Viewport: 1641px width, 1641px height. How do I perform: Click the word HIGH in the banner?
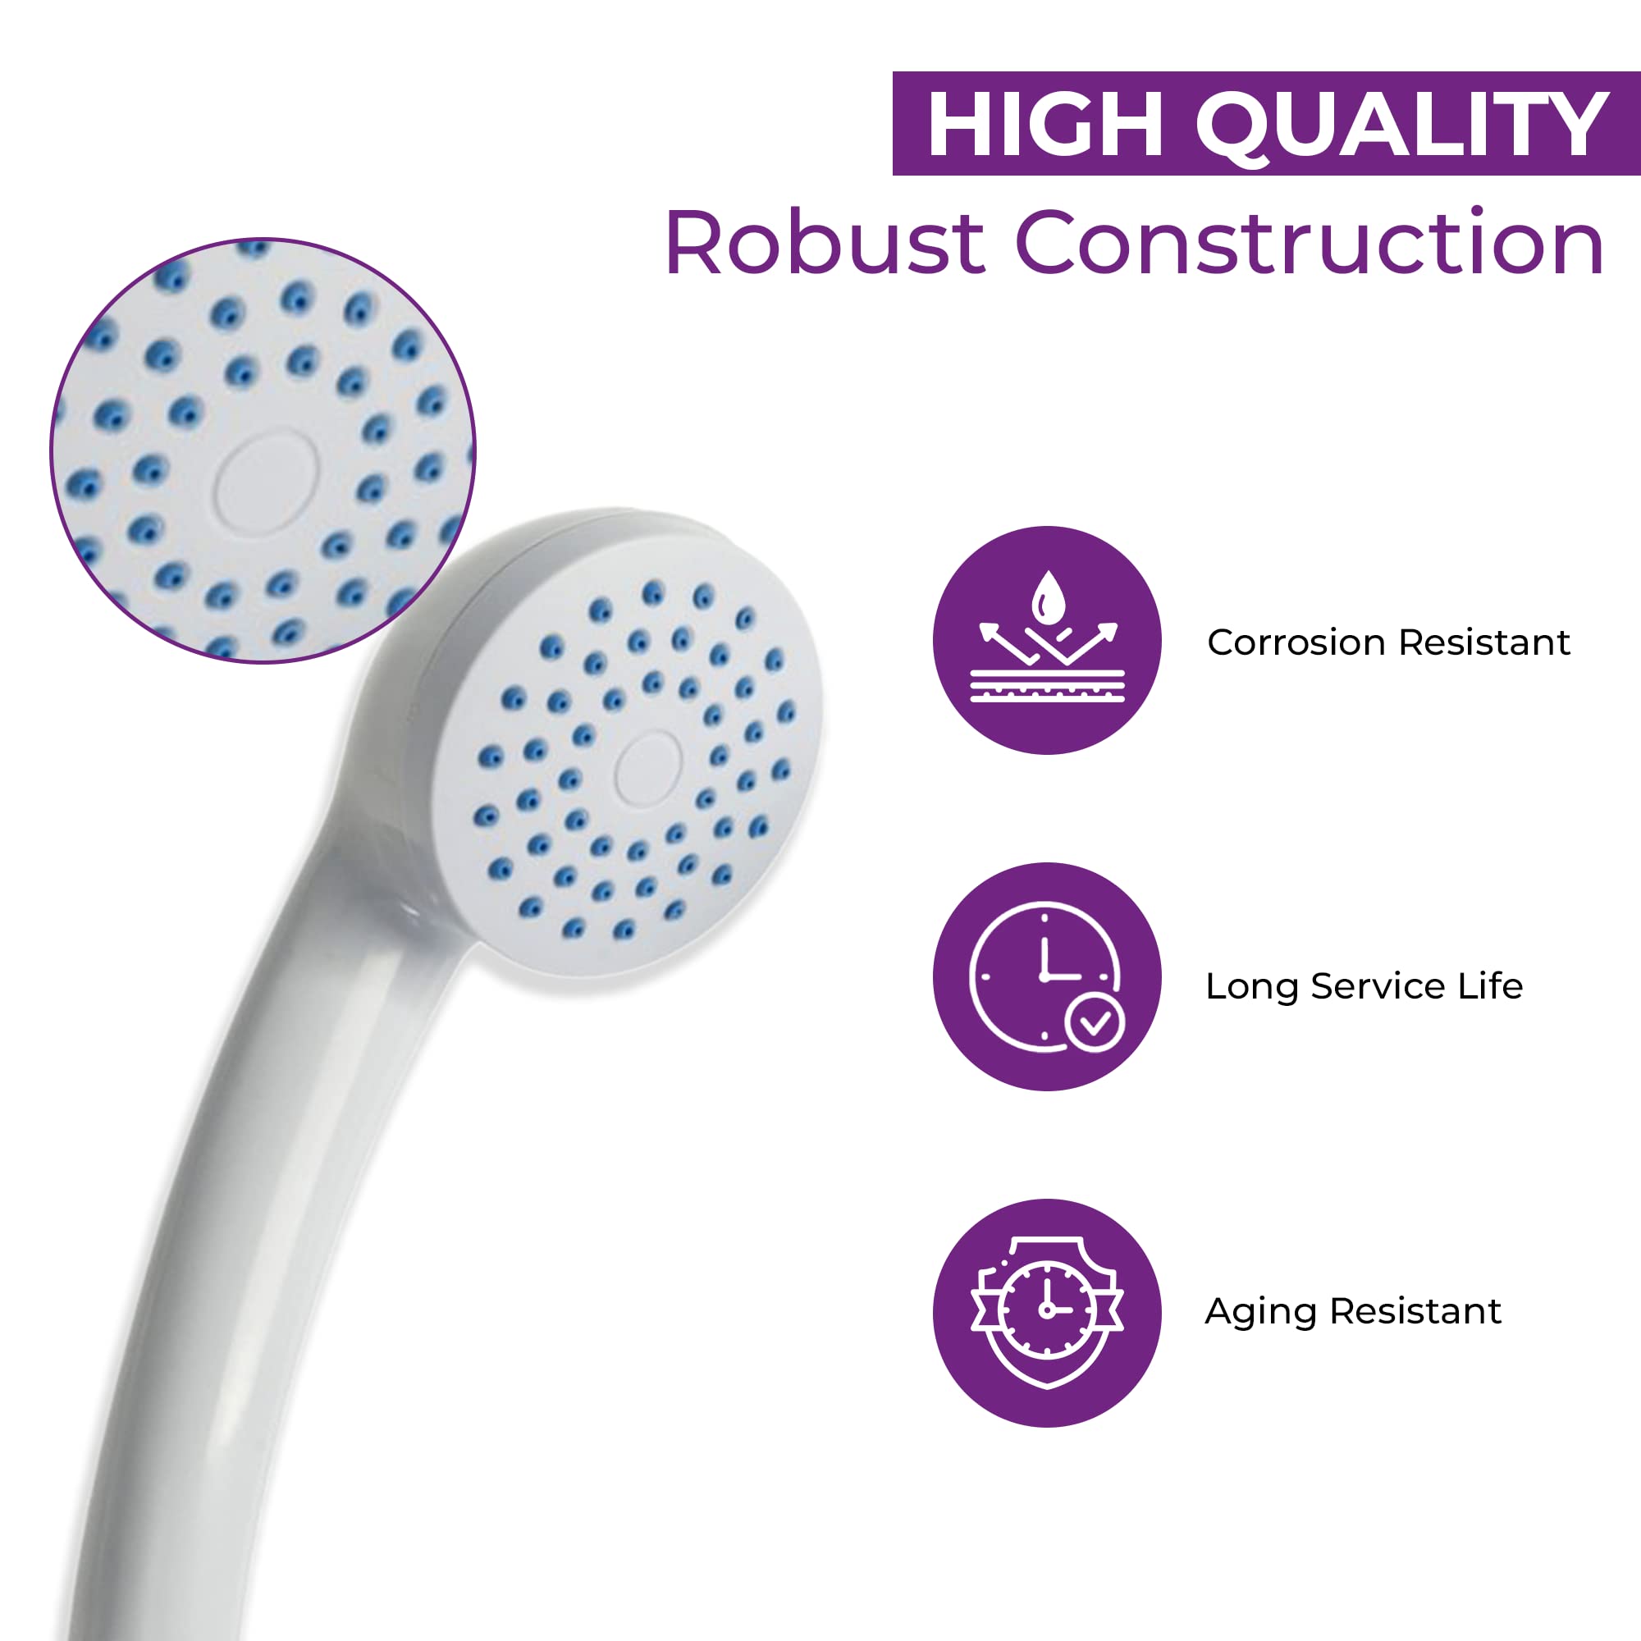click(x=1044, y=125)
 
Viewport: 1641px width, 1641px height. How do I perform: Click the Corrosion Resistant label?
click(x=1389, y=643)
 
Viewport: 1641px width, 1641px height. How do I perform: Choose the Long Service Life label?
click(x=1364, y=987)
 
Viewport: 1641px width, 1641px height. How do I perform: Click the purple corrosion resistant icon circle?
click(x=1046, y=641)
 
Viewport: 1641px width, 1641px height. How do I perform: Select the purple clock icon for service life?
click(x=1046, y=976)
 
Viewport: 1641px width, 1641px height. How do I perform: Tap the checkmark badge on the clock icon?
click(x=1094, y=1022)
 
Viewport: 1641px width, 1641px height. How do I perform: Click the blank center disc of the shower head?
click(x=648, y=769)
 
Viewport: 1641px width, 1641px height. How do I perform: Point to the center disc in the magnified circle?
click(x=267, y=482)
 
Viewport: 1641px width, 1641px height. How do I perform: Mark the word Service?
click(x=1378, y=986)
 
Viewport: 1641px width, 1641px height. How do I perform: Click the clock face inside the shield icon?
click(x=1046, y=1308)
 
